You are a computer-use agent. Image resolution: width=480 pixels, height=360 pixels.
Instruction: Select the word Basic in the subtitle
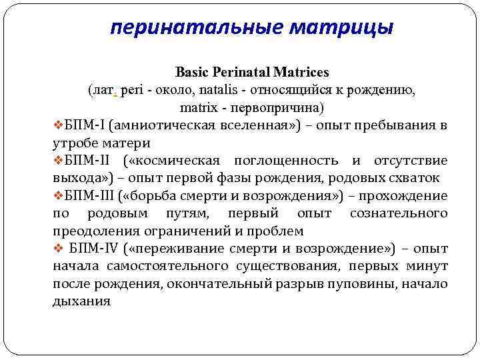(x=192, y=71)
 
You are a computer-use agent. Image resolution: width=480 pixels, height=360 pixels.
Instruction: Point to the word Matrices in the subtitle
(x=303, y=71)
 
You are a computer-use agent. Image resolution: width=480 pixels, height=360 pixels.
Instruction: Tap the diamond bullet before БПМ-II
(x=57, y=161)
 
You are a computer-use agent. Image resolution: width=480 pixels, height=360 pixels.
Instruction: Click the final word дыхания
(x=81, y=301)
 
